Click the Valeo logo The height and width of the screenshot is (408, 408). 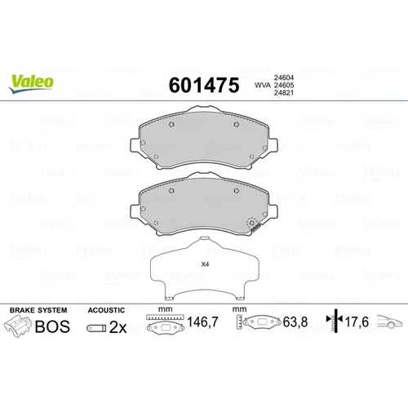(31, 84)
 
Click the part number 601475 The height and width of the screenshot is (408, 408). (204, 85)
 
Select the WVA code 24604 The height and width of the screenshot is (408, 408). (284, 78)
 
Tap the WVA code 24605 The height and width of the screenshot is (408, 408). (284, 85)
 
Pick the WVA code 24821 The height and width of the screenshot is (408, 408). (284, 93)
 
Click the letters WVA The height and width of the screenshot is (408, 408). (263, 85)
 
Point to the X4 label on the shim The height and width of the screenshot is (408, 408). (205, 264)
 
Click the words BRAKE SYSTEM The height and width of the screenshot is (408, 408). (38, 310)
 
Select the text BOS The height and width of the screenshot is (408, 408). (52, 326)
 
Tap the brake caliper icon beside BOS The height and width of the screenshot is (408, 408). (17, 326)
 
